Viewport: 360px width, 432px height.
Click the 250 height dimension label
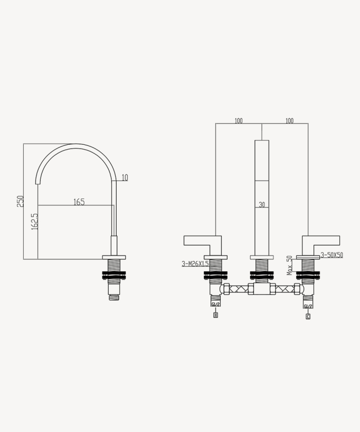click(x=21, y=201)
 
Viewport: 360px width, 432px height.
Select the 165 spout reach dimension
click(x=79, y=202)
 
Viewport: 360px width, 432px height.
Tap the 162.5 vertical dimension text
click(x=35, y=221)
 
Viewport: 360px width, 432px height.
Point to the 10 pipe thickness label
click(x=125, y=178)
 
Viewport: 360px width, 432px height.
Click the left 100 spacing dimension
click(x=239, y=121)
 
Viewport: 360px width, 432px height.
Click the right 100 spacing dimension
click(x=289, y=121)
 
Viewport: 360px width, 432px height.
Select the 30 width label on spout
click(x=261, y=205)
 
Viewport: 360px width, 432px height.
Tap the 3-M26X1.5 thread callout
click(x=195, y=263)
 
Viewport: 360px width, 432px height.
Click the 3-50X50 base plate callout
click(x=331, y=255)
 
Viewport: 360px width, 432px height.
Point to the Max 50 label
click(x=290, y=265)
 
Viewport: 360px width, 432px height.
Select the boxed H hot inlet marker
click(x=215, y=315)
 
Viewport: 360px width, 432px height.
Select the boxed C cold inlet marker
click(x=308, y=316)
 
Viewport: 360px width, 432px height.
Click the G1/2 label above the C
click(x=308, y=306)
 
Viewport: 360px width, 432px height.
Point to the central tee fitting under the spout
click(x=261, y=289)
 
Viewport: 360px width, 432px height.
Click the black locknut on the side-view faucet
click(x=113, y=275)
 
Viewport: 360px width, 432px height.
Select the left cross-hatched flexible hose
click(x=239, y=289)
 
